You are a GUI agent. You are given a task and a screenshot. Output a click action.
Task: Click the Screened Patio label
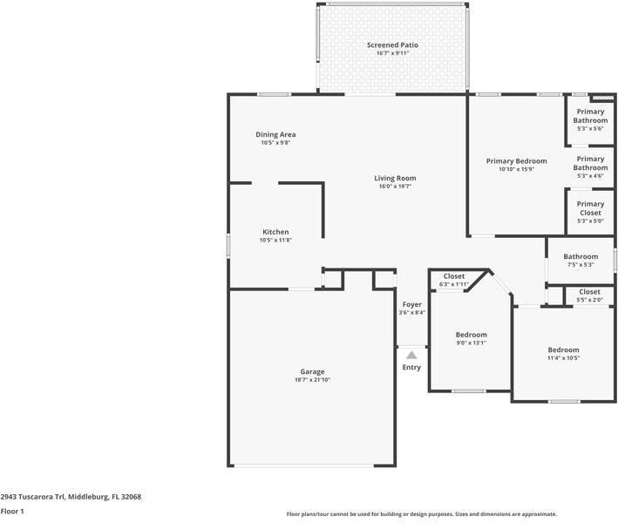click(x=392, y=44)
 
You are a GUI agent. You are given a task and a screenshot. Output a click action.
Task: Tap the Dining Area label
click(x=275, y=134)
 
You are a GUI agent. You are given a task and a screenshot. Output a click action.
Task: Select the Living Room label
click(x=395, y=178)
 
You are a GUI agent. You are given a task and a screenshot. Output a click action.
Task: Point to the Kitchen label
click(x=275, y=232)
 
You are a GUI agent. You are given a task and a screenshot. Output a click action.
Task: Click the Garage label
click(x=312, y=371)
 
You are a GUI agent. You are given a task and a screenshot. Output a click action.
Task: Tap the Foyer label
click(x=411, y=304)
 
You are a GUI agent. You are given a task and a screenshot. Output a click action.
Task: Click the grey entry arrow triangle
click(x=411, y=354)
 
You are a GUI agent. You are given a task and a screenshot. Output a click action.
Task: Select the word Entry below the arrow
click(x=411, y=367)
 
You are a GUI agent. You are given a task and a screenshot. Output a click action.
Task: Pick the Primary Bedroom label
click(x=516, y=160)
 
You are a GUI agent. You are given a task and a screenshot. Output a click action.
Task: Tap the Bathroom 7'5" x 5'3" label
click(x=580, y=256)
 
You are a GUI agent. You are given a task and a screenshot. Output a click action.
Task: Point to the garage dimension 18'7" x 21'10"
click(x=312, y=380)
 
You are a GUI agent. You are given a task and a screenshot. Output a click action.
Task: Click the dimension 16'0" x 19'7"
click(x=395, y=186)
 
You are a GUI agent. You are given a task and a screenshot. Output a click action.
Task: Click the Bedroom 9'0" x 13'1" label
click(x=471, y=335)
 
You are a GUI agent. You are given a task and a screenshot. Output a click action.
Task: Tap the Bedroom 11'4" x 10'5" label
click(x=563, y=350)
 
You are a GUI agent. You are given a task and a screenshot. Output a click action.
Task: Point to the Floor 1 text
click(x=12, y=511)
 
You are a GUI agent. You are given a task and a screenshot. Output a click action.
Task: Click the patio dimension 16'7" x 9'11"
click(x=392, y=53)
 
